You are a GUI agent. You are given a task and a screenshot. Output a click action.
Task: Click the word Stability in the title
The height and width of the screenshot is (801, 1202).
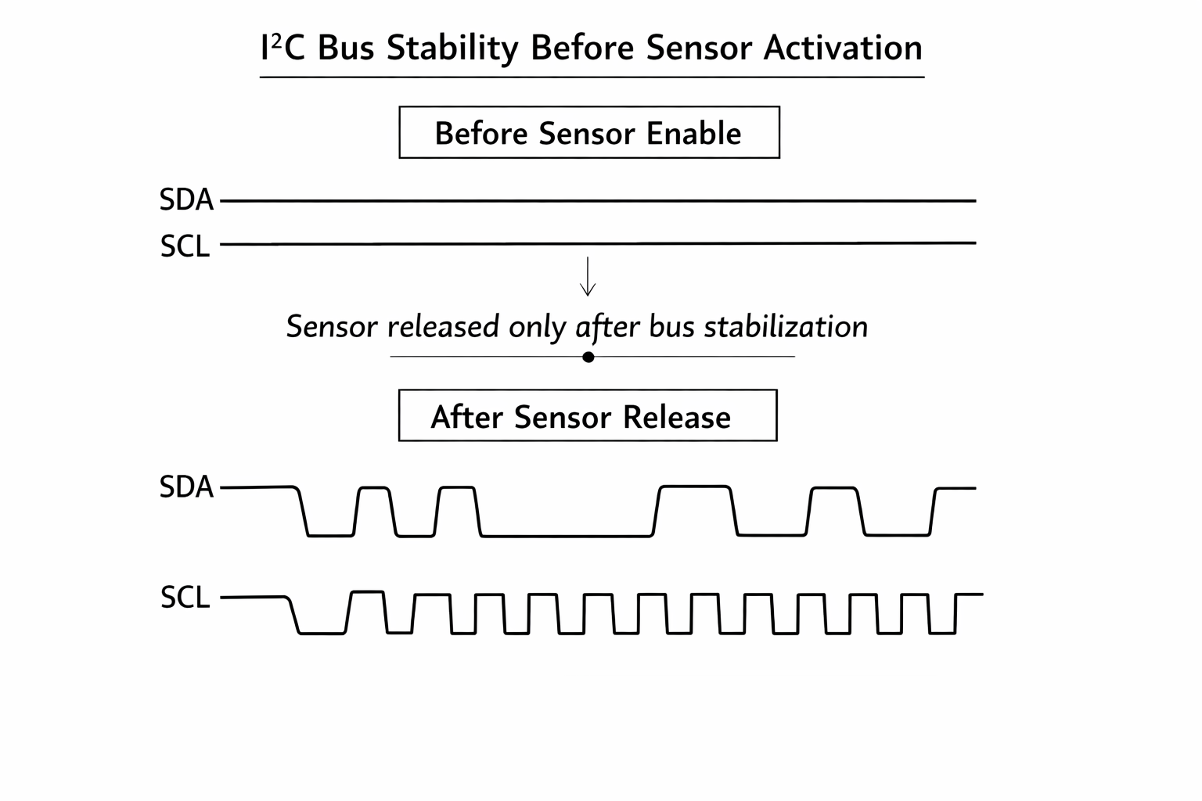click(x=452, y=48)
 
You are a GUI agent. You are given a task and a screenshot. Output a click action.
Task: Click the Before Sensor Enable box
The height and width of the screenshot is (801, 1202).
click(x=588, y=132)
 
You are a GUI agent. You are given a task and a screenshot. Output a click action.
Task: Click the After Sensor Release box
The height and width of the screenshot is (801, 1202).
click(x=587, y=415)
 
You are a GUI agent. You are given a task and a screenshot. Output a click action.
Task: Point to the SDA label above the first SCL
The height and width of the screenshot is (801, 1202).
click(x=186, y=200)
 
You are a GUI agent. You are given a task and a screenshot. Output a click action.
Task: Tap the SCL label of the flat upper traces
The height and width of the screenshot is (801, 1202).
click(x=185, y=246)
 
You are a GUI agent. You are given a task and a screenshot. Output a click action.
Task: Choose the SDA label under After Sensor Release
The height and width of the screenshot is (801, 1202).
click(x=186, y=487)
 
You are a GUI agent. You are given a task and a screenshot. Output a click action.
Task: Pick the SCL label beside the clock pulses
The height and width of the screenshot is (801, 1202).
click(x=185, y=598)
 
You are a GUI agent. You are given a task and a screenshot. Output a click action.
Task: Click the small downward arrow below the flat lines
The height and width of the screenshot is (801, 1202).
click(x=588, y=277)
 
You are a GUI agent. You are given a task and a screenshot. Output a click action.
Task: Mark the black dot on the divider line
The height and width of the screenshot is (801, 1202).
click(x=588, y=357)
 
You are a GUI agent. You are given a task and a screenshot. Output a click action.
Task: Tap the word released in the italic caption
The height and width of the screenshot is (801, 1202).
click(x=443, y=327)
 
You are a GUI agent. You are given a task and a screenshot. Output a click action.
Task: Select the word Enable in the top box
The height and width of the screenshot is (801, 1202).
click(x=693, y=134)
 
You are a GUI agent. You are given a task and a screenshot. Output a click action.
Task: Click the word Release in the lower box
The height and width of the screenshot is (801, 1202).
click(x=676, y=417)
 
